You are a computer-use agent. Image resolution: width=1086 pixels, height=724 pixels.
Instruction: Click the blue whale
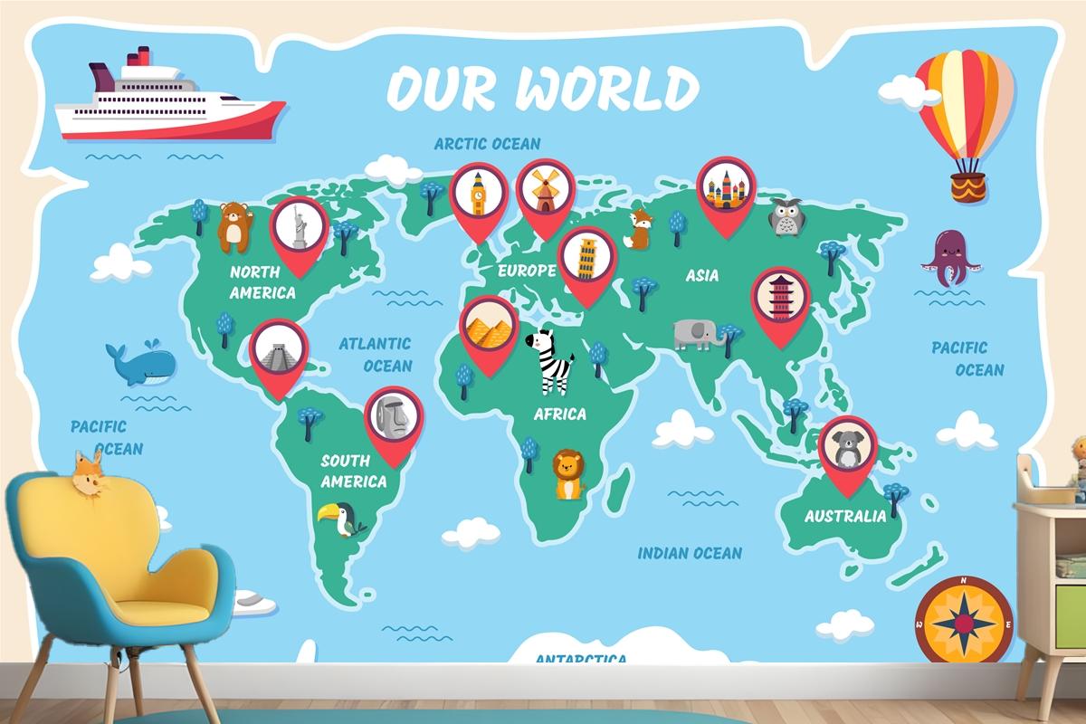[x=140, y=363]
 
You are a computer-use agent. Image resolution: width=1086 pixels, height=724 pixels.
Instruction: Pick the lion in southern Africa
[x=567, y=475]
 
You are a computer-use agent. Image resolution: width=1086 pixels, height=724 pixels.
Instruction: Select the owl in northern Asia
[x=785, y=218]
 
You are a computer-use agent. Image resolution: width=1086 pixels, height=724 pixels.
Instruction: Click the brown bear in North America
[x=234, y=227]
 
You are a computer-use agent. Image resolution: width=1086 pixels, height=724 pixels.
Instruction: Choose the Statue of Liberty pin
[x=300, y=226]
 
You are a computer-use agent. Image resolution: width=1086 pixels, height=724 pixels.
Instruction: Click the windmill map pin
[x=545, y=189]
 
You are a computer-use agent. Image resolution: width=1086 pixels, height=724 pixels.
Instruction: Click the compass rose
[x=963, y=624]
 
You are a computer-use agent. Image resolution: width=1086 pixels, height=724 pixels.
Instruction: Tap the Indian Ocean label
[x=690, y=553]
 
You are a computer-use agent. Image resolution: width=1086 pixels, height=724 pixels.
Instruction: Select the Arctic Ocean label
[x=487, y=143]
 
